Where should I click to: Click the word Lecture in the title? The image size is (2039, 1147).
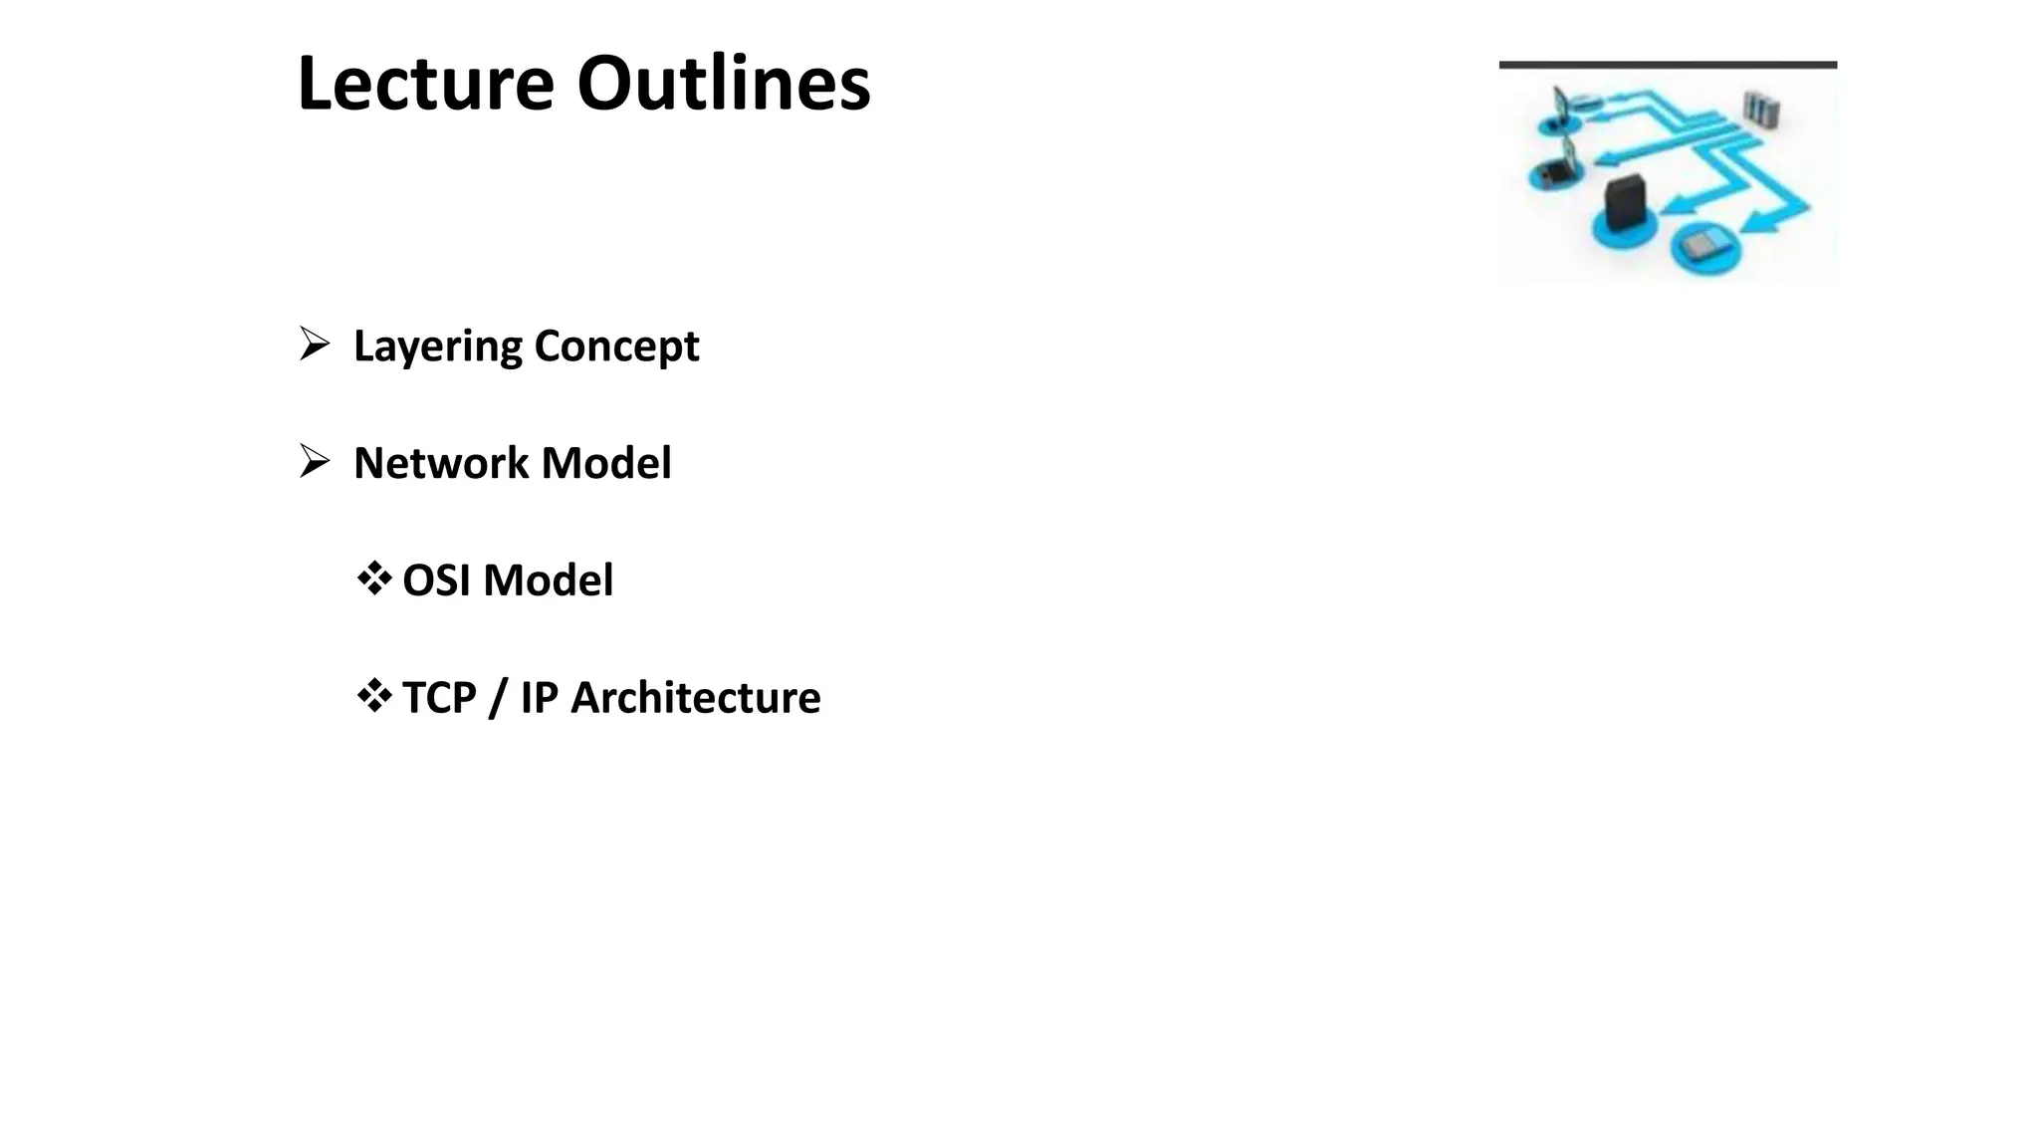tap(425, 84)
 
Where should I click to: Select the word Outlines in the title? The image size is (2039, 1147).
tap(724, 84)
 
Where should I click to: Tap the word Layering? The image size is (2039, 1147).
tap(437, 347)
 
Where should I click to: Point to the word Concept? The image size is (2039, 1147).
tap(616, 347)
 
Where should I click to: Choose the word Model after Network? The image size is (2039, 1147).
tap(605, 463)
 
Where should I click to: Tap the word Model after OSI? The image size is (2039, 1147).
tap(548, 580)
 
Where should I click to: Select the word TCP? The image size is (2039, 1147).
tap(439, 698)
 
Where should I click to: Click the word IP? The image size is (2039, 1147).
tap(539, 698)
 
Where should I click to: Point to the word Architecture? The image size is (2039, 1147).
tap(695, 698)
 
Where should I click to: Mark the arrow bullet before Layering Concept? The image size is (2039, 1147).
tap(315, 344)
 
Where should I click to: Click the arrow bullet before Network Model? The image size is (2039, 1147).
tap(315, 461)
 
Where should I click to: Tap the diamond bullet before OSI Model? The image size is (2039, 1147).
tap(373, 578)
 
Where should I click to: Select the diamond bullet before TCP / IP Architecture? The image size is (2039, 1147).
tap(373, 696)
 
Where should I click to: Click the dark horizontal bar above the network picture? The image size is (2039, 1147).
tap(1668, 65)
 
